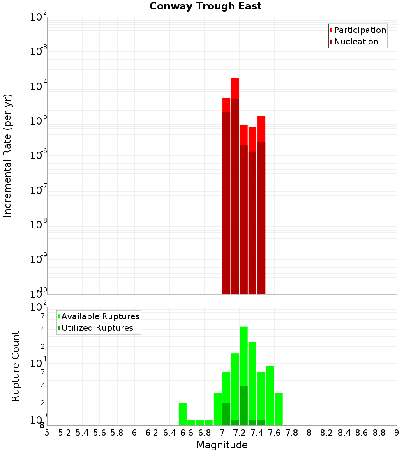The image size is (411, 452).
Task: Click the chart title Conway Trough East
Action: tap(205, 7)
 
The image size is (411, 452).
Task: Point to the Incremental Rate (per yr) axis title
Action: tap(8, 155)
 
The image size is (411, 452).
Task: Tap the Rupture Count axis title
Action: tap(16, 366)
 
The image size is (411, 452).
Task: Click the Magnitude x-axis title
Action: tap(222, 445)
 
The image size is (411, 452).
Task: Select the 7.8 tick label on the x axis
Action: tap(292, 433)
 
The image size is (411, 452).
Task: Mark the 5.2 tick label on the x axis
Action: tap(65, 433)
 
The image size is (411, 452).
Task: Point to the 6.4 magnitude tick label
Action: tap(169, 433)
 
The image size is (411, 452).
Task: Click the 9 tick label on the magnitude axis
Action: tap(397, 433)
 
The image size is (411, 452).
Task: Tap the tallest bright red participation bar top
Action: tap(235, 79)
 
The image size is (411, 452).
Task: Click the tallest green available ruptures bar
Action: tap(244, 353)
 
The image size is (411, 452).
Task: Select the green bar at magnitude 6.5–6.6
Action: tap(182, 414)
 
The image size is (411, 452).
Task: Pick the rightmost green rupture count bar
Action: tap(279, 409)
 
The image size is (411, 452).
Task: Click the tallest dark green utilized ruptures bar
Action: tap(244, 405)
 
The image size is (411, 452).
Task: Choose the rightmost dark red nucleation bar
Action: tap(261, 218)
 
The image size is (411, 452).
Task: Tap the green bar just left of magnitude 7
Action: tap(217, 409)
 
